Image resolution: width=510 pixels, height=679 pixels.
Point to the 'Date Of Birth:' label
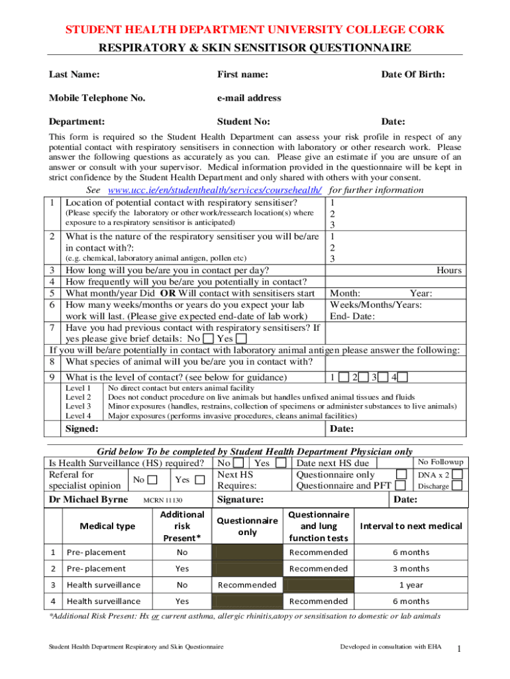tap(412, 75)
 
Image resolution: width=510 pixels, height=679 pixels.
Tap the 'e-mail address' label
tap(249, 98)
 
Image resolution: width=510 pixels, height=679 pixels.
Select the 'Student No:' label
tap(243, 121)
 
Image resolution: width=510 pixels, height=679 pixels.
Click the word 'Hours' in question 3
tap(448, 270)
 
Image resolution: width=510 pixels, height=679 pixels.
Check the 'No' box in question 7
tap(208, 338)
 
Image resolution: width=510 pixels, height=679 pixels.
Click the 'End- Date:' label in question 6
tap(352, 316)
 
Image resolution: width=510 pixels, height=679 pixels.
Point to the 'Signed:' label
tap(81, 430)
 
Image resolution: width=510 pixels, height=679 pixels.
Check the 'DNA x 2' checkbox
tap(457, 474)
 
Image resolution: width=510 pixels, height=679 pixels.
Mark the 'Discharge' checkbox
tap(457, 486)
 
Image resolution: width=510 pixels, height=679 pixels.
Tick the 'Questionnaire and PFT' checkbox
tap(401, 486)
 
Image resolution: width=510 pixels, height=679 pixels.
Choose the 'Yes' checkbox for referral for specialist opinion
tap(201, 479)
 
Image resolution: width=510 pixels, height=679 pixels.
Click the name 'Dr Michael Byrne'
tap(89, 499)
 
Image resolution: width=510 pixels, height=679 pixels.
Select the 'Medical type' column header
tap(107, 526)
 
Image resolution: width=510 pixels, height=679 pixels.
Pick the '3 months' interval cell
tap(411, 568)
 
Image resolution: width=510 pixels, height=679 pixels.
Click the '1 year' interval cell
tap(411, 585)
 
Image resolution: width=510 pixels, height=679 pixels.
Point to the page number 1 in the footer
tap(458, 648)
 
